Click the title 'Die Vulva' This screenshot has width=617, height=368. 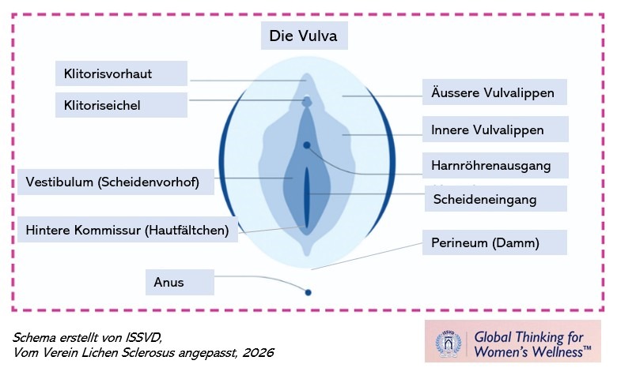[304, 37]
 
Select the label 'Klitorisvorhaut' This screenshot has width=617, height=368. [120, 74]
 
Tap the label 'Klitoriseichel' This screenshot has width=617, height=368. [120, 105]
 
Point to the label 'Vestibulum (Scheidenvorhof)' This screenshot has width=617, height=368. [115, 182]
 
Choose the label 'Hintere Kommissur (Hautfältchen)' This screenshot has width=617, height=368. [127, 230]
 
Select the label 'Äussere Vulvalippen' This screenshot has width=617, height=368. [494, 92]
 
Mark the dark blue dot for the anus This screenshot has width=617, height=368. [308, 293]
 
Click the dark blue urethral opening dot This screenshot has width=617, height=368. [307, 145]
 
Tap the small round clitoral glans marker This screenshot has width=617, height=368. [307, 101]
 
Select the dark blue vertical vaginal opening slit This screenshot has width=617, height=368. [307, 197]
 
